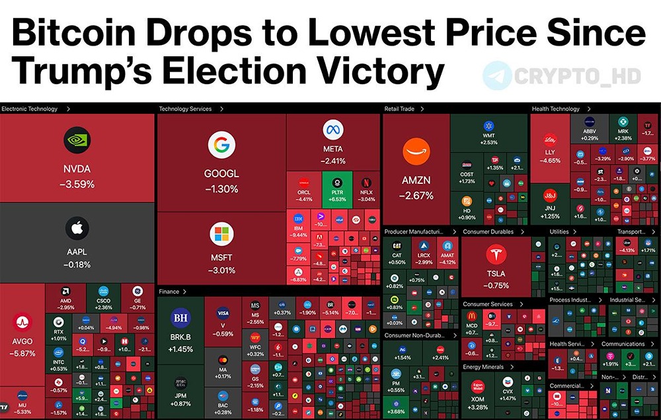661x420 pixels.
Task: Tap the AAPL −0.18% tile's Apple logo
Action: tap(77, 228)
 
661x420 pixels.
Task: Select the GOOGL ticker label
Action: tap(221, 174)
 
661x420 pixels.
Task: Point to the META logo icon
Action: tap(333, 130)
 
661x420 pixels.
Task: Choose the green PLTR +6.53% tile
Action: tap(337, 189)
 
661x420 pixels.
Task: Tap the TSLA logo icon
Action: tap(496, 254)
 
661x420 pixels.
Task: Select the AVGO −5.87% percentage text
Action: tap(22, 354)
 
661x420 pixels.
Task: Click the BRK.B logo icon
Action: tap(180, 318)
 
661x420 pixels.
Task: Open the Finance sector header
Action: tap(169, 292)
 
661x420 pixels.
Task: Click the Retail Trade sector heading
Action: tap(401, 109)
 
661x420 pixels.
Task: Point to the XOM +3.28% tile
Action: tap(478, 393)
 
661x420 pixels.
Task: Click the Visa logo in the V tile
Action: tap(223, 314)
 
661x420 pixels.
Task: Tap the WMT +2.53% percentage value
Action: tap(489, 142)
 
